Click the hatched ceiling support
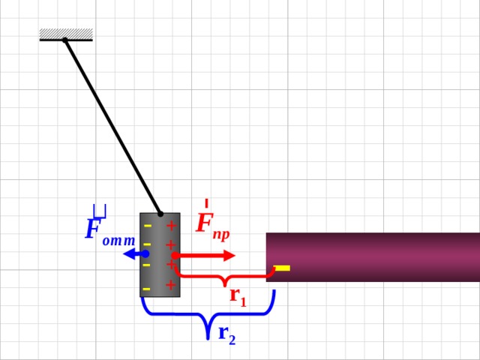click(66, 34)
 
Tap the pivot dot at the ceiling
click(65, 40)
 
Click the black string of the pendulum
click(112, 127)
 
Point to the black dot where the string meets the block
click(160, 214)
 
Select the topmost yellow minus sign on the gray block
click(148, 226)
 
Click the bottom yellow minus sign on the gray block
click(147, 289)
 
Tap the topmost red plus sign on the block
click(172, 226)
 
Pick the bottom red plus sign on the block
click(171, 285)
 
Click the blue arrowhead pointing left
click(130, 253)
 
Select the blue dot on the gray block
click(145, 253)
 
